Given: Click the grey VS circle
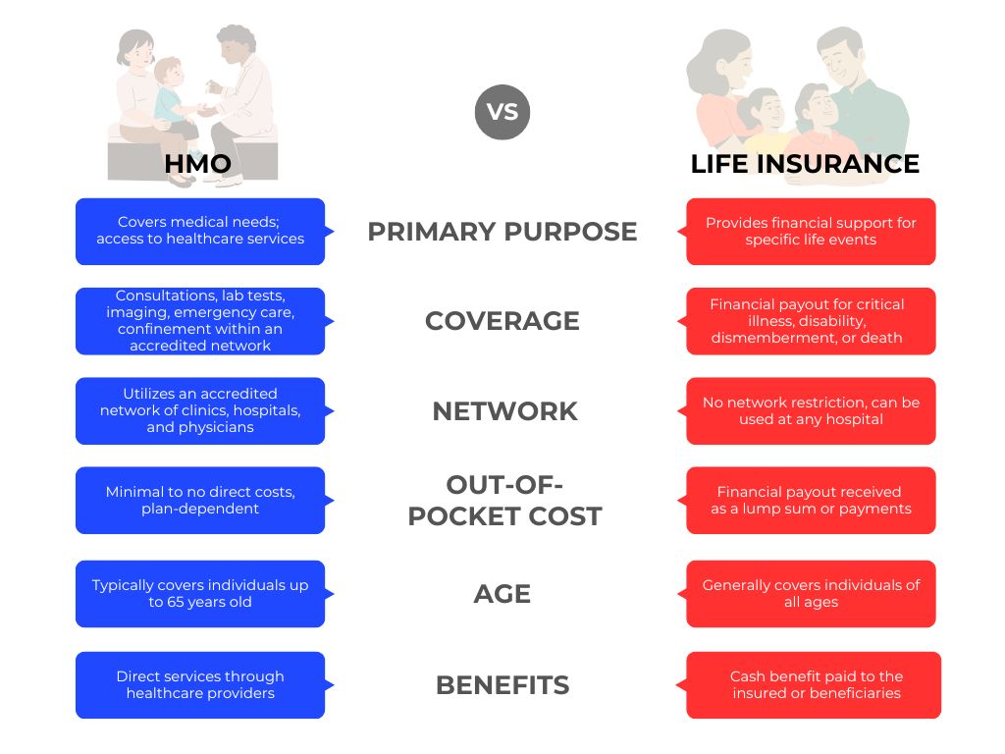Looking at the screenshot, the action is pyautogui.click(x=502, y=112).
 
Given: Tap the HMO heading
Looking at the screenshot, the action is pyautogui.click(x=197, y=164).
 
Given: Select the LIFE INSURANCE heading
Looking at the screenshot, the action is pyautogui.click(x=805, y=164).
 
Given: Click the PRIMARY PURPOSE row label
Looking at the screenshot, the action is pyautogui.click(x=502, y=232).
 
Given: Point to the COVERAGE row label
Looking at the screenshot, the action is pyautogui.click(x=502, y=321).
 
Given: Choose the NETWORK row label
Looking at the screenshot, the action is pyautogui.click(x=505, y=411).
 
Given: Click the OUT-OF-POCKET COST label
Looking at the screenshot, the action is pyautogui.click(x=505, y=500).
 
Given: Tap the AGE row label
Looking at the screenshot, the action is pyautogui.click(x=502, y=594).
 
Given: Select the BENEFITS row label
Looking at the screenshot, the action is pyautogui.click(x=502, y=685).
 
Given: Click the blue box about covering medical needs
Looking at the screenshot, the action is pyautogui.click(x=200, y=232).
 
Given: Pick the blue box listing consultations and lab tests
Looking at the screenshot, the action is pyautogui.click(x=200, y=321).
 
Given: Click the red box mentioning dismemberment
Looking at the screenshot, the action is pyautogui.click(x=811, y=321).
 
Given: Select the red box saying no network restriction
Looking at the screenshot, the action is pyautogui.click(x=811, y=411).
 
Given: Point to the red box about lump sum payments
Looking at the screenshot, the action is pyautogui.click(x=811, y=500).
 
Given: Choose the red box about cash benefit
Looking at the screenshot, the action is pyautogui.click(x=814, y=685).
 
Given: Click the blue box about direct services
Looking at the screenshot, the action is pyautogui.click(x=200, y=685).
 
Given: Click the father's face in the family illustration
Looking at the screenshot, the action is pyautogui.click(x=841, y=59).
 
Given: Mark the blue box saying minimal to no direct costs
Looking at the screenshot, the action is pyautogui.click(x=200, y=500).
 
